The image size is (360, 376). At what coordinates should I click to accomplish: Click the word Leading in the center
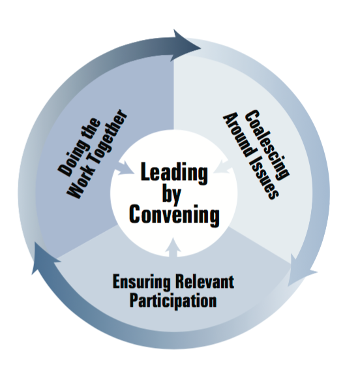point(174,173)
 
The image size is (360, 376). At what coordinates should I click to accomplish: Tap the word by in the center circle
point(172,194)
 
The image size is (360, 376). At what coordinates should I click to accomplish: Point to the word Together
point(106,136)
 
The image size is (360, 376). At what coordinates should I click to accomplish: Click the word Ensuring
point(142,282)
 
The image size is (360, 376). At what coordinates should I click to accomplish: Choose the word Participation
point(173,300)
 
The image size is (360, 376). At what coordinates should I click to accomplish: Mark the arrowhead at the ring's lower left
point(45,257)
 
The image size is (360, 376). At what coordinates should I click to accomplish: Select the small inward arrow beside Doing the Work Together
point(124,168)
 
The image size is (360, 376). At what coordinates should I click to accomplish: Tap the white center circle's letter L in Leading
point(146,172)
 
